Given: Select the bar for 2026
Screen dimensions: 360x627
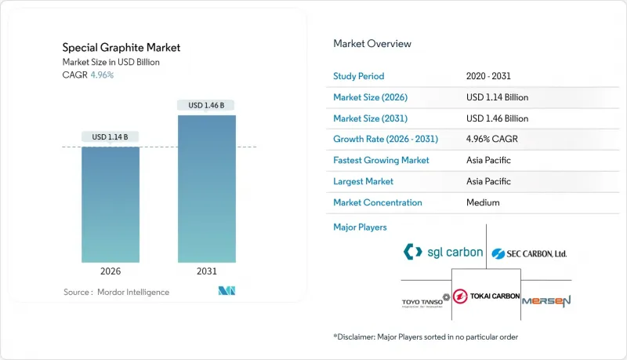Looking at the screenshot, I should [111, 204].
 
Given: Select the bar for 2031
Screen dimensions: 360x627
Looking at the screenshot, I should [206, 188].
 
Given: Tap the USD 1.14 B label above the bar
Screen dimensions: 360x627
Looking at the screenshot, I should [111, 137].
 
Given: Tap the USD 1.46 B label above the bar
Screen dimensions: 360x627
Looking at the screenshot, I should [206, 105].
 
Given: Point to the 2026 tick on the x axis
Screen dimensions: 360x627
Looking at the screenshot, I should [111, 271].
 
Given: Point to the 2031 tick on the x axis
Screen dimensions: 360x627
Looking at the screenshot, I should [206, 271].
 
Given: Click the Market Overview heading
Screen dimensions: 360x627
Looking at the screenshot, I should [372, 44].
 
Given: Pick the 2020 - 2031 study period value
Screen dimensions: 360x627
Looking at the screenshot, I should [491, 77].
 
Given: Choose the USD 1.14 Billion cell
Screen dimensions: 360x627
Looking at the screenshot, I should [497, 97].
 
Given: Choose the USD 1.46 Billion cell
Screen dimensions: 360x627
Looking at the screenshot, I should [497, 118].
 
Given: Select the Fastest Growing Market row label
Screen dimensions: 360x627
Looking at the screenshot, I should [382, 160].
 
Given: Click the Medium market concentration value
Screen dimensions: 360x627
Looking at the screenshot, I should [483, 202].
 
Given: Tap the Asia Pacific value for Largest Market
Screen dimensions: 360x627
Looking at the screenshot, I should [487, 181].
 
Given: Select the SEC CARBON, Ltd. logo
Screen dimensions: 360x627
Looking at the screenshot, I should [529, 253].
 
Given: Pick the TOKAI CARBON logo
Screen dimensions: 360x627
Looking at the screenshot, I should [487, 296].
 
